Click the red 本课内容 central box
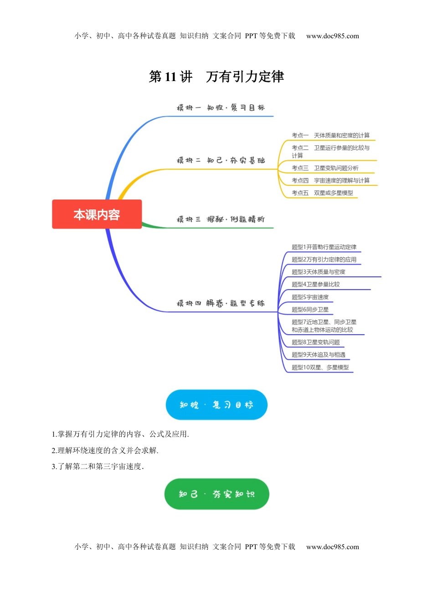click(97, 214)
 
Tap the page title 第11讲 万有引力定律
click(216, 76)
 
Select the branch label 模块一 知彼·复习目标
click(221, 108)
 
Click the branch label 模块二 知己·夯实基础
click(221, 160)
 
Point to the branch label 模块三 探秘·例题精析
click(221, 219)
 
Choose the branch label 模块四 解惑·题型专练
click(221, 303)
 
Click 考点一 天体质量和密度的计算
click(330, 135)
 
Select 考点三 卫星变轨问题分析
click(325, 168)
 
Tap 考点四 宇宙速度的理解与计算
click(330, 180)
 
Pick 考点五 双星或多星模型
click(322, 193)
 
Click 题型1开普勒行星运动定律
click(324, 247)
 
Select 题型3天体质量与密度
click(318, 272)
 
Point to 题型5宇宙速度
click(310, 297)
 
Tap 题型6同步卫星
click(310, 310)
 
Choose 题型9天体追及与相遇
click(318, 355)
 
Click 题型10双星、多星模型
click(320, 367)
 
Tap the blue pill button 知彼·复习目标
click(216, 405)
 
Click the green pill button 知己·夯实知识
click(216, 494)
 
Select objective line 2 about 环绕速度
click(105, 450)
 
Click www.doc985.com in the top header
click(332, 36)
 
